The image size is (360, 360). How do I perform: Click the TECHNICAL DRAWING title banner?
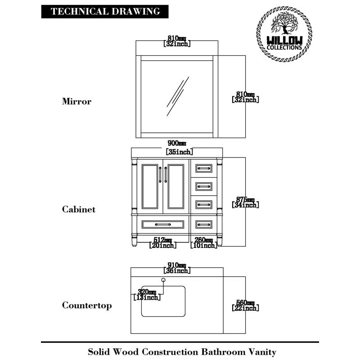tap(105, 12)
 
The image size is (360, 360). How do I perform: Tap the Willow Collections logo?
tap(285, 34)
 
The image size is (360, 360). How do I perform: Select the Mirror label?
tap(76, 101)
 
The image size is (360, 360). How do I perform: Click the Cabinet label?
tap(79, 209)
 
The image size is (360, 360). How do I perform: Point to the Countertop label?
tap(87, 306)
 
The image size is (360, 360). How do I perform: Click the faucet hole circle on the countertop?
tap(163, 280)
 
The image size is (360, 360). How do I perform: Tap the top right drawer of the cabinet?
tap(203, 168)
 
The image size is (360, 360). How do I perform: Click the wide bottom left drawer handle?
tap(162, 224)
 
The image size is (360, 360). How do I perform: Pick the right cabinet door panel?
tap(176, 187)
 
